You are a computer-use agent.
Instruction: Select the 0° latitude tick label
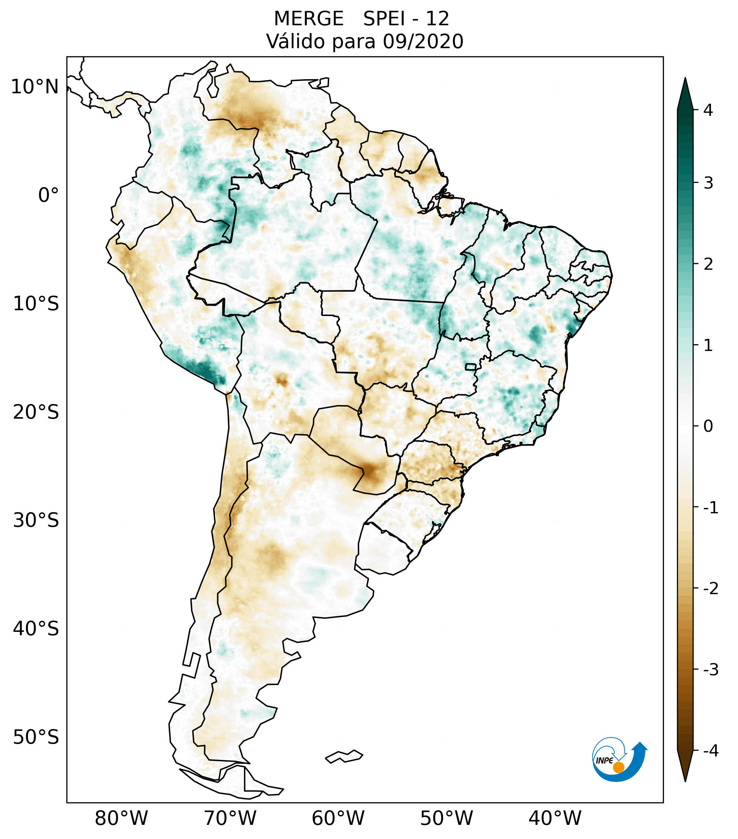(49, 195)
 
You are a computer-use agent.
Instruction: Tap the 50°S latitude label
(36, 738)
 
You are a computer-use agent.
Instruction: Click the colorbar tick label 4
(708, 110)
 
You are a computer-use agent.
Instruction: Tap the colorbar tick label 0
(708, 426)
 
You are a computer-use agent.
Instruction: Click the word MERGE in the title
(309, 19)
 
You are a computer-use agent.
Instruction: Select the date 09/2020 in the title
(423, 41)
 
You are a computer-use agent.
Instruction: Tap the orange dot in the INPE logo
(618, 767)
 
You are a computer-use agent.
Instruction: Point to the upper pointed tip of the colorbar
(685, 79)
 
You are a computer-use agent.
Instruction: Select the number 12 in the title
(437, 19)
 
